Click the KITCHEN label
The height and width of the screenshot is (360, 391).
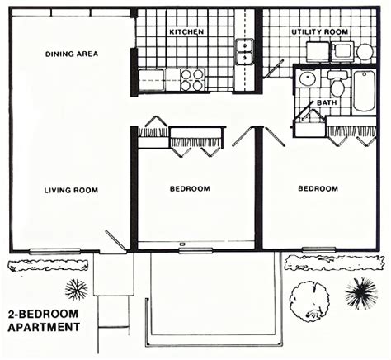[x=186, y=32]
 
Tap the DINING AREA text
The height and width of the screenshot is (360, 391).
[x=72, y=54]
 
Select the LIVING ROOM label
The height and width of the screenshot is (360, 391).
[x=71, y=190]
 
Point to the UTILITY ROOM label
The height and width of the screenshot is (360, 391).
[x=320, y=32]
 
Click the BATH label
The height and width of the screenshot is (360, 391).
[x=327, y=102]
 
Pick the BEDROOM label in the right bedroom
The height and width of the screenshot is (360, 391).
[x=318, y=188]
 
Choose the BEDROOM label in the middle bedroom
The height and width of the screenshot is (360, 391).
[x=190, y=189]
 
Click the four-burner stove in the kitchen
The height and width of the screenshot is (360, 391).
[x=192, y=80]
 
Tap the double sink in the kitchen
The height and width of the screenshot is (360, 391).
[x=244, y=52]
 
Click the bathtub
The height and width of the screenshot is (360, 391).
[x=364, y=91]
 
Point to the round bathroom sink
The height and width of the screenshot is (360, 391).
[x=308, y=79]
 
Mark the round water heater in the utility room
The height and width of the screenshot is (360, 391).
[x=365, y=52]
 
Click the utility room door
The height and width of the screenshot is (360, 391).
[x=273, y=69]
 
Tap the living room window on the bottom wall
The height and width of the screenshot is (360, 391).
[x=55, y=251]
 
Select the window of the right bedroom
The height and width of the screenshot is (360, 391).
[x=319, y=250]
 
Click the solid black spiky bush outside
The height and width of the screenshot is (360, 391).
[x=361, y=293]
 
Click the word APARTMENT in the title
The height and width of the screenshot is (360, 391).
[x=44, y=327]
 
